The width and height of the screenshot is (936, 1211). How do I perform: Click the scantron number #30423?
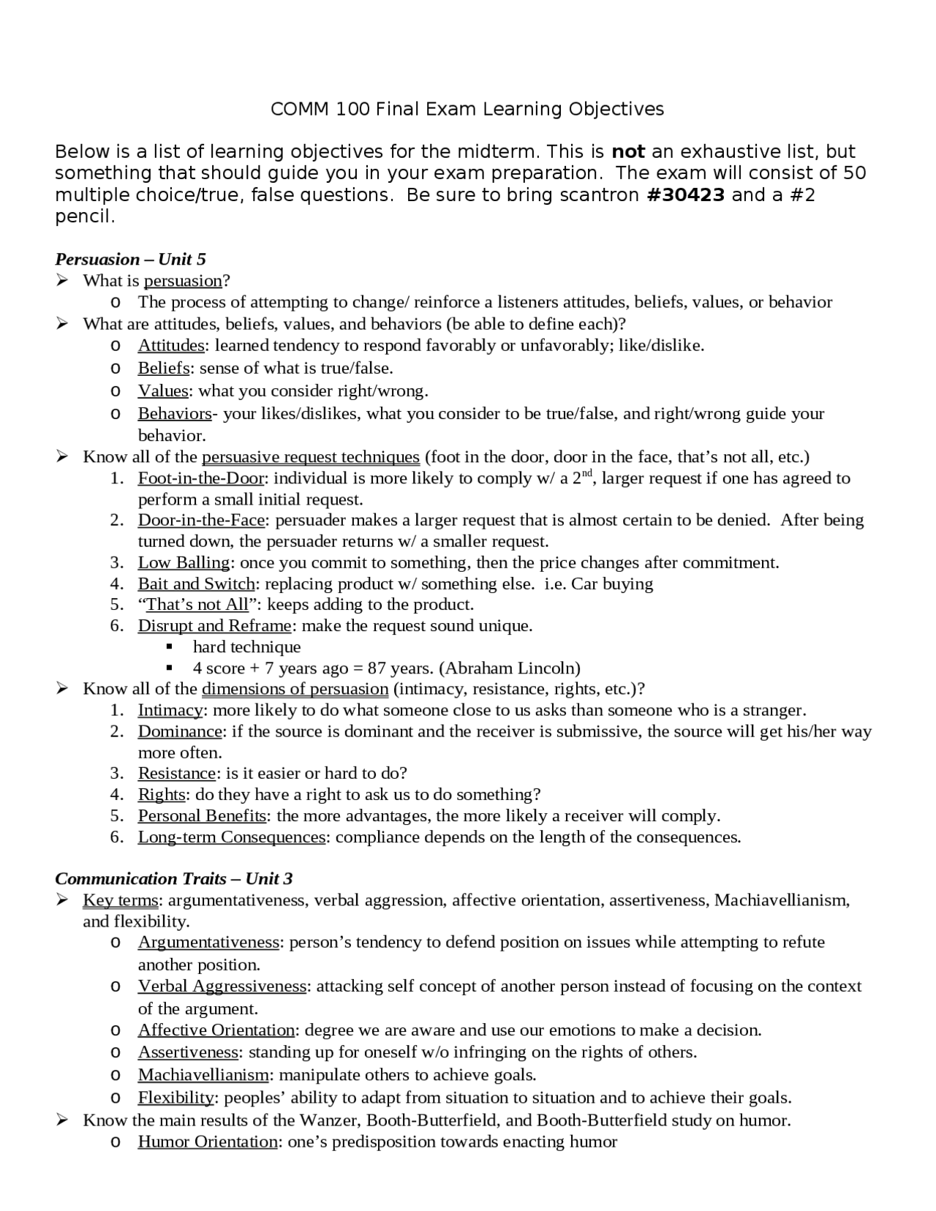(x=686, y=195)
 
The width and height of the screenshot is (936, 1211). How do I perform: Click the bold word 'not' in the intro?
(x=627, y=151)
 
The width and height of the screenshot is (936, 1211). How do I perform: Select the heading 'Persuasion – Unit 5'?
(x=130, y=259)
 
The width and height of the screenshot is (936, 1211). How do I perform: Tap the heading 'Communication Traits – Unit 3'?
(x=174, y=878)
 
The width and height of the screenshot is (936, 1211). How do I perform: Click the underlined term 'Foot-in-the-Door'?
(x=201, y=478)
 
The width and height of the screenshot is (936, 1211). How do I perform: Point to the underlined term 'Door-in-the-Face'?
(x=201, y=520)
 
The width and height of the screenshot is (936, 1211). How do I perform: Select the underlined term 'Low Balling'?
(x=184, y=562)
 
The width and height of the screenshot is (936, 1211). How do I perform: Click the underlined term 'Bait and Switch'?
(x=196, y=584)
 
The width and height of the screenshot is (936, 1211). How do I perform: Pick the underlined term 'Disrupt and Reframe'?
(x=215, y=626)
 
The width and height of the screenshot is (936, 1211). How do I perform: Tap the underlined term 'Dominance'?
(x=180, y=731)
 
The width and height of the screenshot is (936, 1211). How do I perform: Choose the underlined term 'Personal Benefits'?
(x=202, y=815)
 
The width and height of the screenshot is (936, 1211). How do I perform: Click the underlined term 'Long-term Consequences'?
(x=231, y=837)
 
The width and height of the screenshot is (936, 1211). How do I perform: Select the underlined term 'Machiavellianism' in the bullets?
(x=203, y=1075)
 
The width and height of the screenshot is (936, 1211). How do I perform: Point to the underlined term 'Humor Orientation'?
(x=208, y=1142)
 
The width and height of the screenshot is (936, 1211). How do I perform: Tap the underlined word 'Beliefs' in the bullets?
(x=164, y=368)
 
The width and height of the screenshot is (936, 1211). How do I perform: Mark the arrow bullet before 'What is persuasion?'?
(x=62, y=280)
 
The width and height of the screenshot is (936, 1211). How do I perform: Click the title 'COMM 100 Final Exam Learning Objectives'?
(x=467, y=109)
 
